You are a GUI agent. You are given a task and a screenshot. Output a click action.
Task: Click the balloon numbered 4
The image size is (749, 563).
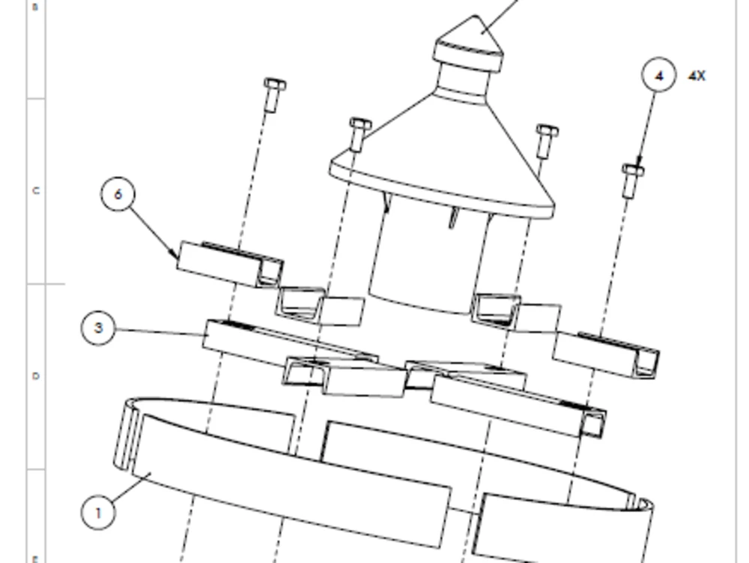658,76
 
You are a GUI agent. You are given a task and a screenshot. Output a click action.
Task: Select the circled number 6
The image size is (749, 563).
118,194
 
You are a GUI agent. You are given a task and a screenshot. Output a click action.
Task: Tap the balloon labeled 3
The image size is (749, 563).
99,328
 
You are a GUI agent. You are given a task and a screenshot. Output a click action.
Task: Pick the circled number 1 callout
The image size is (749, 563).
98,513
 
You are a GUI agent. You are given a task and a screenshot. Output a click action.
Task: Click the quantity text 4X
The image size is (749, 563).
697,76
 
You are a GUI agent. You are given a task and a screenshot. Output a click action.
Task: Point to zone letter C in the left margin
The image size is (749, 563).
35,190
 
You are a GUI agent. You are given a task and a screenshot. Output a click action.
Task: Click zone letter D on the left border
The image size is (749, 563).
35,376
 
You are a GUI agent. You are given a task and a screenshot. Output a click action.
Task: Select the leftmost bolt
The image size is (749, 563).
273,94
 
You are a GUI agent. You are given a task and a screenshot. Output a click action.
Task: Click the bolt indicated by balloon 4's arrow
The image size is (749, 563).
632,180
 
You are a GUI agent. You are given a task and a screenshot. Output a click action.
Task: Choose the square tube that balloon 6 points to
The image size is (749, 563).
225,264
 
